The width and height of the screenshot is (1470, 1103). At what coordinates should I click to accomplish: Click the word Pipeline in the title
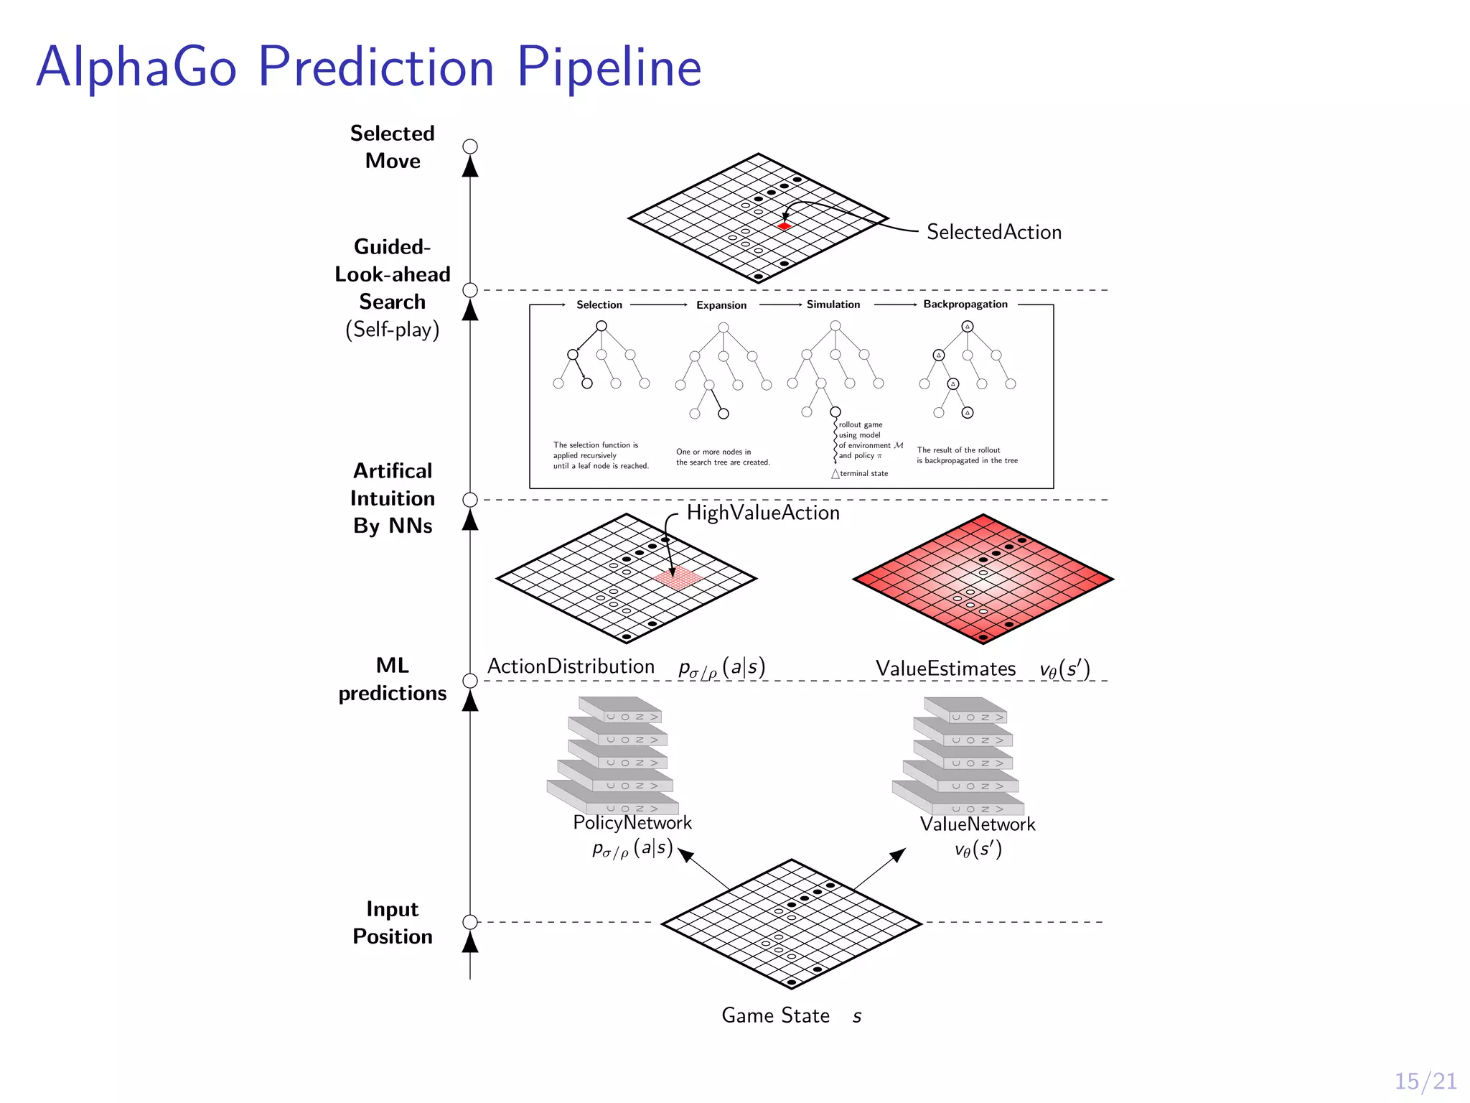609,68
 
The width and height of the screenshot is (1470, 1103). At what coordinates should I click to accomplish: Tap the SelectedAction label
993,232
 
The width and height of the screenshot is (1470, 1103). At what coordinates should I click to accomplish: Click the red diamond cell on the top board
785,226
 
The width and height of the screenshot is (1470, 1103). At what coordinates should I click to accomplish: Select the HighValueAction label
762,513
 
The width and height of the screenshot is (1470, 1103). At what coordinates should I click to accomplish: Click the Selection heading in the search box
599,304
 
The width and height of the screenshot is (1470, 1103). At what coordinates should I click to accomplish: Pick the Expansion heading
721,305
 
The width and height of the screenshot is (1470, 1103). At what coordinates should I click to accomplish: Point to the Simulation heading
833,304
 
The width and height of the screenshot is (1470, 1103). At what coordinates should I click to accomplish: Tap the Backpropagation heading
965,304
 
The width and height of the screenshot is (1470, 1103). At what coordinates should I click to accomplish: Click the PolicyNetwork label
632,822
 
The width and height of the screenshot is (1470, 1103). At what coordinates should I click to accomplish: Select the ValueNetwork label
978,824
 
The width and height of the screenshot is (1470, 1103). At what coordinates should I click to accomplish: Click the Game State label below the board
775,1015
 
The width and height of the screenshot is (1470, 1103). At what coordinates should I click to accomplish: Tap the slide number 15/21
1425,1081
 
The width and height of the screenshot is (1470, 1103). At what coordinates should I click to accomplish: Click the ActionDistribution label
571,666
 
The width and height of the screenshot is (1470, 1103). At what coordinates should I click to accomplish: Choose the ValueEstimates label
945,669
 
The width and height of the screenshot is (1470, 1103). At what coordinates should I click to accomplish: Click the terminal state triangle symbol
835,474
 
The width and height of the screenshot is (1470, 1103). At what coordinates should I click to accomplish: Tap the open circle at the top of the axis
470,146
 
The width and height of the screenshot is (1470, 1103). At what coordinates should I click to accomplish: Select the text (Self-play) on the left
392,330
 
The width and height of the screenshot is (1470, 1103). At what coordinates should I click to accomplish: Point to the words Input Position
392,923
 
